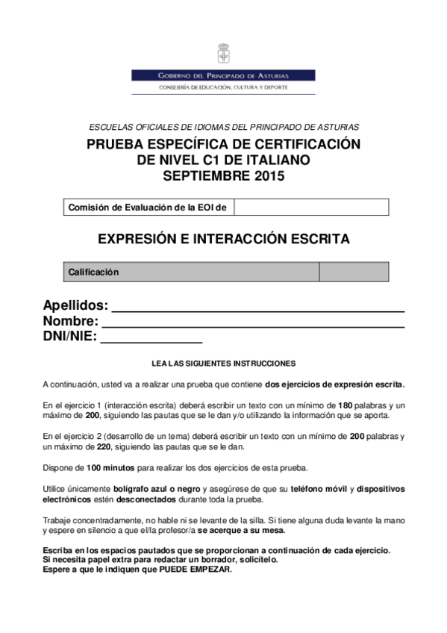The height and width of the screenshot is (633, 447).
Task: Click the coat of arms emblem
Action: [x=223, y=54]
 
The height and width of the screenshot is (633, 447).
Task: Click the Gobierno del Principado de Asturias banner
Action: [x=223, y=75]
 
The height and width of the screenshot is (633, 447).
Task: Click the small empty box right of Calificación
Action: [x=354, y=272]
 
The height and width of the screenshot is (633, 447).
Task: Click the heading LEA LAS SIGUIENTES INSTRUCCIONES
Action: [x=223, y=364]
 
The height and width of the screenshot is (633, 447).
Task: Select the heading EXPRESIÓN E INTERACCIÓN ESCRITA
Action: [x=223, y=240]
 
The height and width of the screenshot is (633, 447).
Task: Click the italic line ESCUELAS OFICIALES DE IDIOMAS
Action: [x=223, y=128]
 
